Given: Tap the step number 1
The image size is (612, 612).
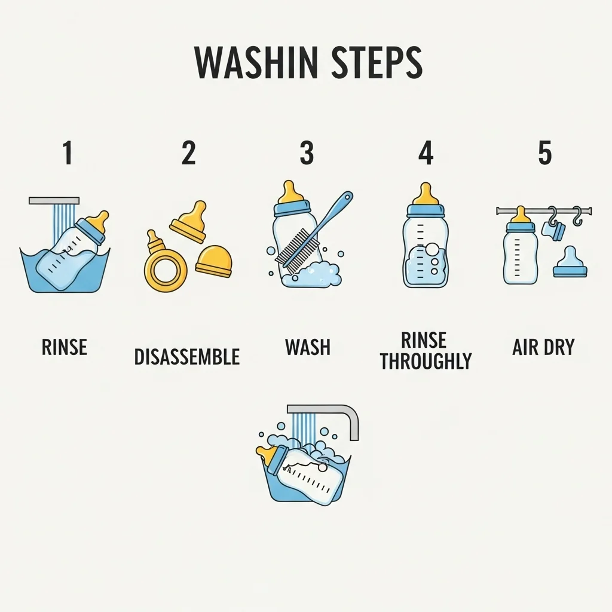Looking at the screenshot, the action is [x=68, y=153].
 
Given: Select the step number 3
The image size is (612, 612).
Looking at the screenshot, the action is [x=307, y=153].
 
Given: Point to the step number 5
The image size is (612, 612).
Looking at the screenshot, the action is [x=545, y=153].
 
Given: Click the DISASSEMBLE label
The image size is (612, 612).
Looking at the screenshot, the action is [x=187, y=357].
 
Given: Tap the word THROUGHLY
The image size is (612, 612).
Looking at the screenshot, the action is [x=426, y=361].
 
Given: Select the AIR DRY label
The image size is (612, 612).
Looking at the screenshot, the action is [x=543, y=347].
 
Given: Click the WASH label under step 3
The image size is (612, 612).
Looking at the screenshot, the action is [x=308, y=347].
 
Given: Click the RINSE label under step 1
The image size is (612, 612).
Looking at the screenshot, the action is [x=65, y=347].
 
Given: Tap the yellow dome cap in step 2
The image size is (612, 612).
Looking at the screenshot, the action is [x=214, y=261].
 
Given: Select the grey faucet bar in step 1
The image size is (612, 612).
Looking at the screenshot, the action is [x=54, y=201].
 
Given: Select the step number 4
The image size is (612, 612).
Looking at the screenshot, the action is [x=426, y=153].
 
